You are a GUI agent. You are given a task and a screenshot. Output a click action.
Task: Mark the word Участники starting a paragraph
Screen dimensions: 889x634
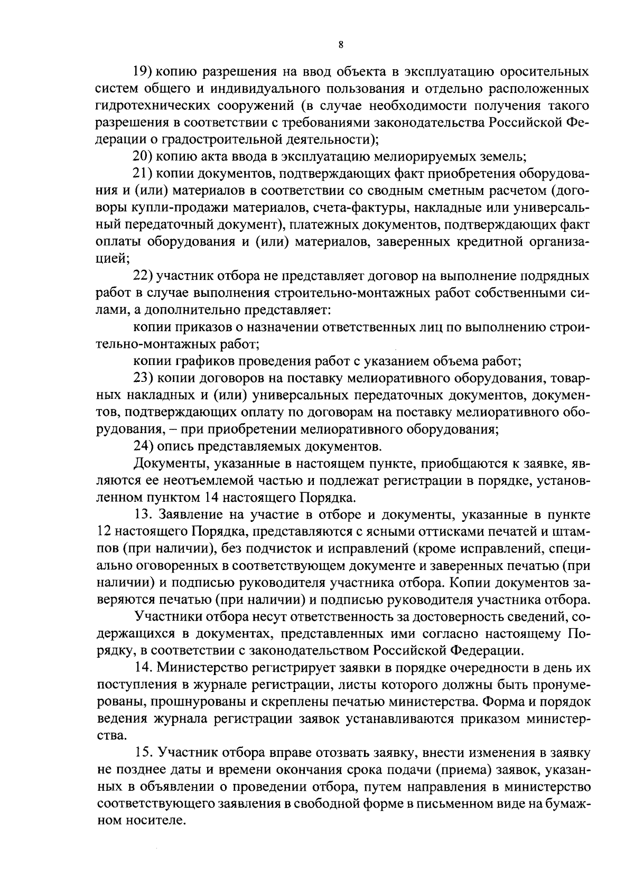(x=170, y=617)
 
